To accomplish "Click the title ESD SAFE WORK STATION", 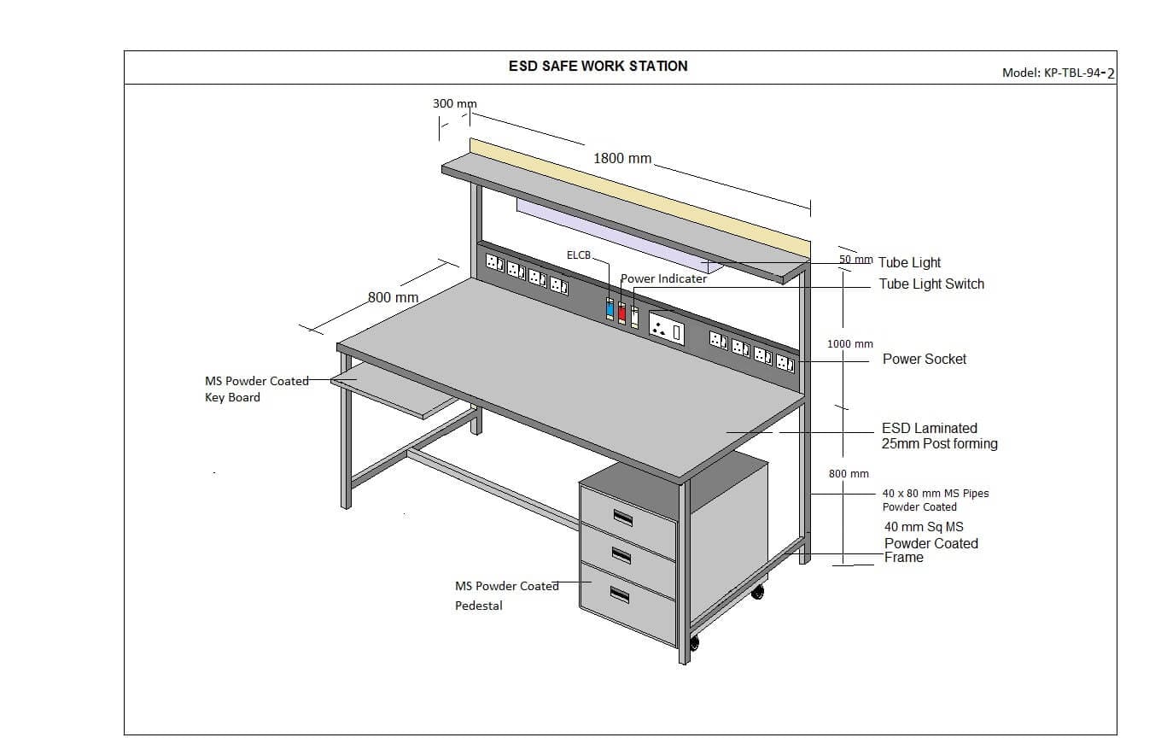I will (x=598, y=66).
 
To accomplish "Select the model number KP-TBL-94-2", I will (x=1058, y=73).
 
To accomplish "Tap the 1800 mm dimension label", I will (x=622, y=158).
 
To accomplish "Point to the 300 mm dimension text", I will (x=454, y=103).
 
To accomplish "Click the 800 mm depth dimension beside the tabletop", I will (x=393, y=297).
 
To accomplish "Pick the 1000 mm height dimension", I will (x=849, y=343).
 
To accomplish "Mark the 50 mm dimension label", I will (x=855, y=259).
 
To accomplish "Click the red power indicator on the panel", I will (x=621, y=313).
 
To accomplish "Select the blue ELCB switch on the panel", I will (x=610, y=309).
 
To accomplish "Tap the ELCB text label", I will (x=578, y=255).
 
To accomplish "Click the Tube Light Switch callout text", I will (x=931, y=284).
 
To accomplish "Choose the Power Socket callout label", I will (x=925, y=359).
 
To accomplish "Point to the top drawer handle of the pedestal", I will (x=622, y=517).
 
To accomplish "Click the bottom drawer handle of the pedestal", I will (x=620, y=595).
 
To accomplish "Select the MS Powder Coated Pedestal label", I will (x=506, y=595).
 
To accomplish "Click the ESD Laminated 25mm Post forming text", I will (x=938, y=436).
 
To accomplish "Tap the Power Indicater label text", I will (x=663, y=278).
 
